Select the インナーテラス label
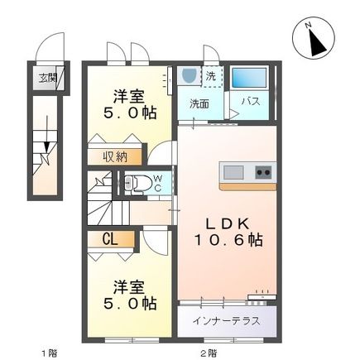227,319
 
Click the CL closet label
110,240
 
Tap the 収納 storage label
116,156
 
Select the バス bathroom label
251,102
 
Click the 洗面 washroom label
199,104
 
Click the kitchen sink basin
233,172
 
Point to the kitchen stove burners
263,172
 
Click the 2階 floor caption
208,351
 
